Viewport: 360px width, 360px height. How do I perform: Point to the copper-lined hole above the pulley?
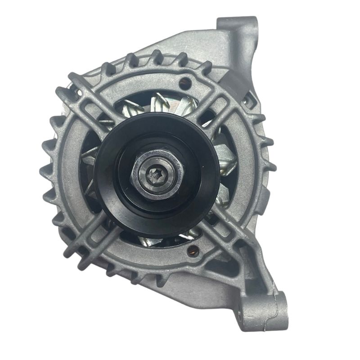tap(184, 82)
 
